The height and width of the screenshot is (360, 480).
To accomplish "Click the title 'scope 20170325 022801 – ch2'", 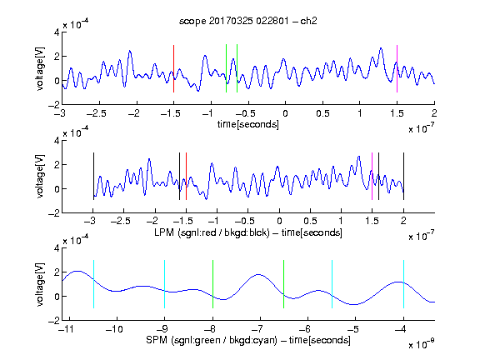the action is point(248,21).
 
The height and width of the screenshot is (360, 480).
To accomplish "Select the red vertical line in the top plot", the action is point(173,68).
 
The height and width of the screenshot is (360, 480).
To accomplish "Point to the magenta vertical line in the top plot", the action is point(397,68).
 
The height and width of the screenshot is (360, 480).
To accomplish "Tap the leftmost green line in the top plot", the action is point(226,68).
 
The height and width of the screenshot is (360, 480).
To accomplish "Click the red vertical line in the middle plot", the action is point(186,177).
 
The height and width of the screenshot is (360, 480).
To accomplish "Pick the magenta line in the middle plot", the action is point(372,177).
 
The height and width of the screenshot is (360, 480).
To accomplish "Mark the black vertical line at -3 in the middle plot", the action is point(93,177).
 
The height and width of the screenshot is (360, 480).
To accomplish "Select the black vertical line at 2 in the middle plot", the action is point(404,177).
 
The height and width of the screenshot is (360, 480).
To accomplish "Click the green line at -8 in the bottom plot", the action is point(212,284).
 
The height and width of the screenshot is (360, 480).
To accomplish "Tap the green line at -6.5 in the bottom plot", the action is point(284,284).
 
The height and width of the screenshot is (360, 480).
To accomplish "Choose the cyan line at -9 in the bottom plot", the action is point(165,284).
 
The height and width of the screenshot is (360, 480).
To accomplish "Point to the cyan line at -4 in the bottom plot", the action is point(404,284).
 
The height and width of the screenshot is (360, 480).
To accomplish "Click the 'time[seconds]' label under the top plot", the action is point(248,124).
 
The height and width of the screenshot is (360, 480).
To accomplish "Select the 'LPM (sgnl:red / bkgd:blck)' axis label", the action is point(212,232).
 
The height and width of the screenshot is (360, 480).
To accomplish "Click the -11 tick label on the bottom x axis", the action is point(66,329).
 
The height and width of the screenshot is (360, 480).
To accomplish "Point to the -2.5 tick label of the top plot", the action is point(97,113).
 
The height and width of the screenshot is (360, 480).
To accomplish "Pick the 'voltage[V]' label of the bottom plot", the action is point(40,284).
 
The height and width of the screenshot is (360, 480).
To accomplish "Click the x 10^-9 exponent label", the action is point(421,344).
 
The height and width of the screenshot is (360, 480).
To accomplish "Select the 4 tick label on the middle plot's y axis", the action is point(57,141).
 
